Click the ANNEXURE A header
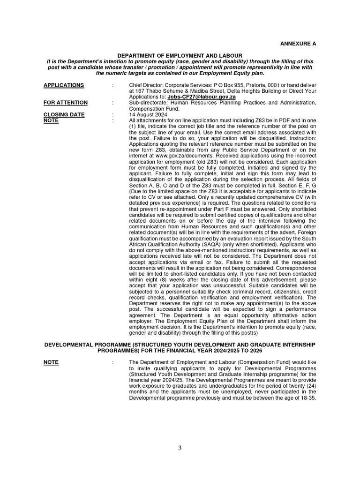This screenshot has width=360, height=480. click(299, 44)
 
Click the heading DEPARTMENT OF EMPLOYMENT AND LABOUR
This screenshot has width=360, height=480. click(180, 56)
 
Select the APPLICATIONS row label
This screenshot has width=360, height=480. click(64, 85)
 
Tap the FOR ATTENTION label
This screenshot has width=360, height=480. click(65, 103)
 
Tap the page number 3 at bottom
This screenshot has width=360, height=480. click(180, 448)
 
